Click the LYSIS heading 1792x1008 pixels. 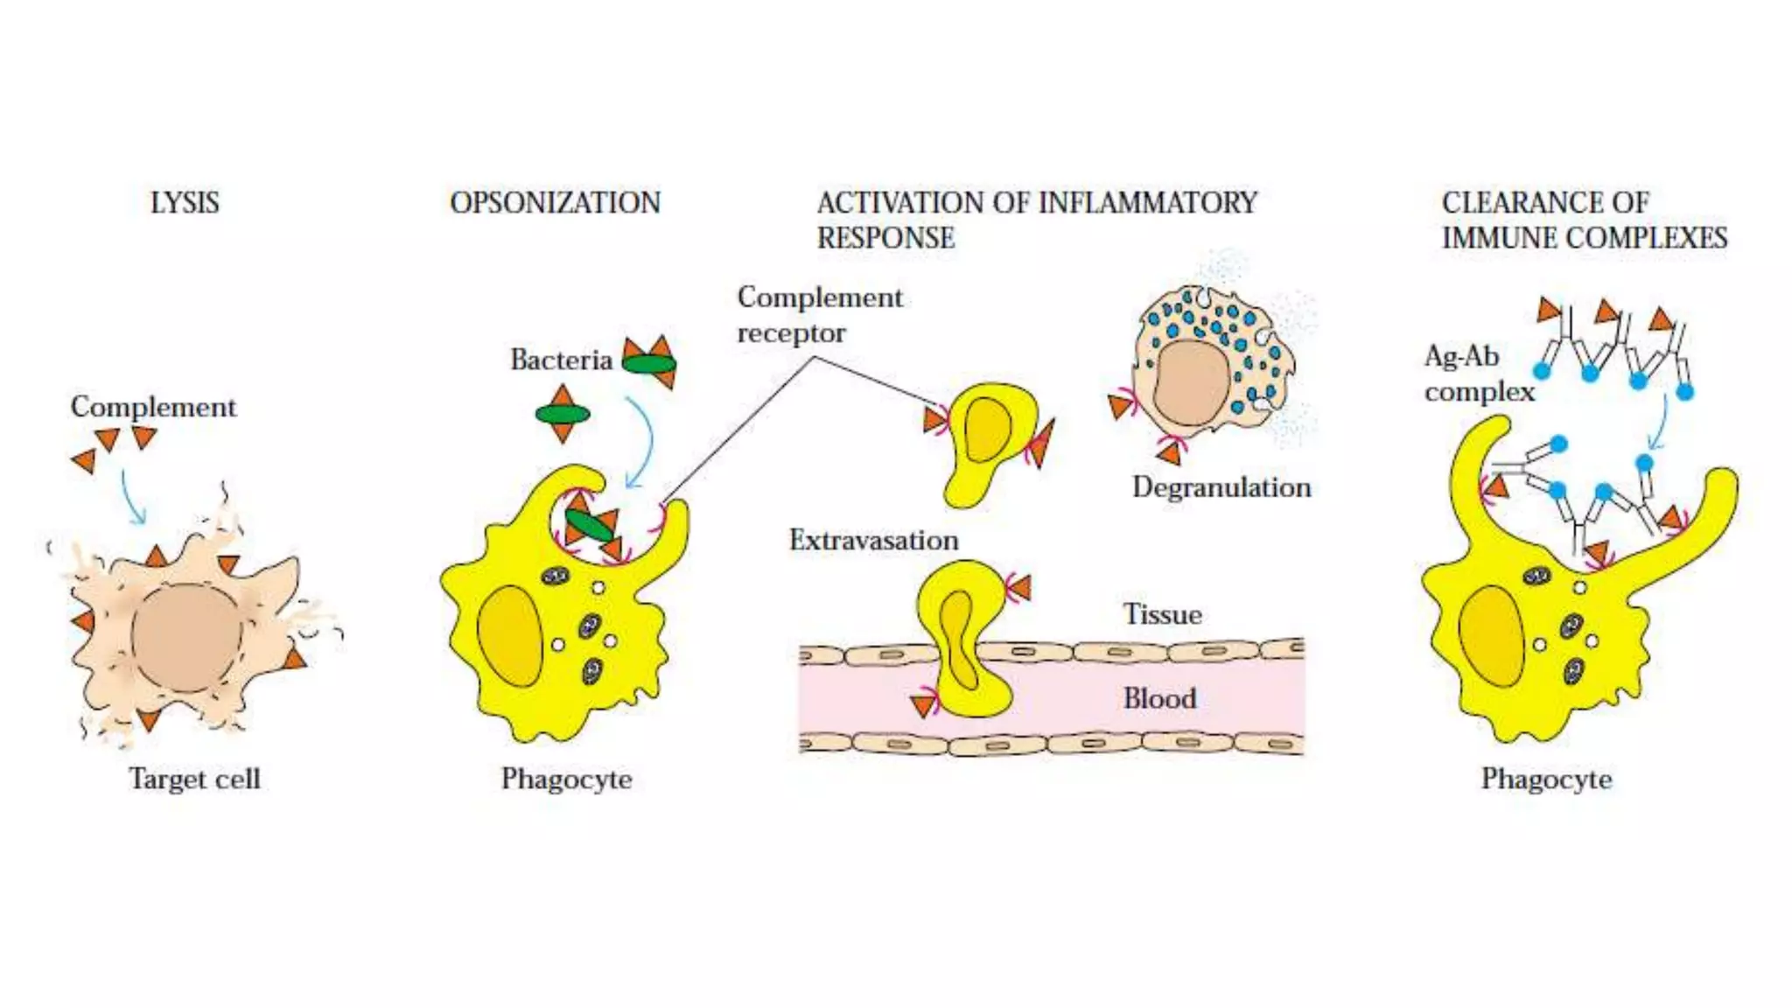pyautogui.click(x=185, y=203)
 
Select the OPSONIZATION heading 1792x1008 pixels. pyautogui.click(x=555, y=203)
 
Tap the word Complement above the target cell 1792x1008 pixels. pyautogui.click(x=153, y=407)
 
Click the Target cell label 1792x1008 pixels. pyautogui.click(x=194, y=779)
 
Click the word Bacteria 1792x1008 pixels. pyautogui.click(x=561, y=360)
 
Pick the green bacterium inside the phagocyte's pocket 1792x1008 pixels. pyautogui.click(x=589, y=526)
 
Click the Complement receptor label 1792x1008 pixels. pyautogui.click(x=819, y=315)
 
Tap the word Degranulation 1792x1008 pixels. pyautogui.click(x=1221, y=487)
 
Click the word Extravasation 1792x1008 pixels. pyautogui.click(x=873, y=541)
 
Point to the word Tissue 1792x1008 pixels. pyautogui.click(x=1162, y=614)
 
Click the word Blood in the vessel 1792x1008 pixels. pyautogui.click(x=1159, y=698)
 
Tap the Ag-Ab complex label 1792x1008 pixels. pyautogui.click(x=1479, y=374)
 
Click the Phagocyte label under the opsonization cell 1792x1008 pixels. pyautogui.click(x=566, y=779)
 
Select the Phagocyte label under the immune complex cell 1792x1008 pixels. pyautogui.click(x=1546, y=779)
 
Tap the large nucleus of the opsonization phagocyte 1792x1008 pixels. pyautogui.click(x=510, y=636)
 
